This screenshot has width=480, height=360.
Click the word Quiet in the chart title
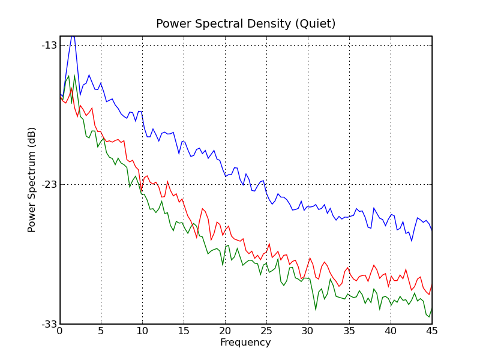click(316, 24)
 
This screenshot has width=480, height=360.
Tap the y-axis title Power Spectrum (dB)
click(32, 179)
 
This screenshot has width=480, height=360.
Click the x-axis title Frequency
click(245, 343)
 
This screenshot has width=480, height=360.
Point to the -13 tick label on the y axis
click(49, 45)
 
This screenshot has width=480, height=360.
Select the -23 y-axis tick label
click(49, 185)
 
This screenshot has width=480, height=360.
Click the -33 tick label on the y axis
click(49, 325)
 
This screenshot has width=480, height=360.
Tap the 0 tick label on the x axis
click(59, 331)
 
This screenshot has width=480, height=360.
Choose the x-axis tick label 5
click(101, 331)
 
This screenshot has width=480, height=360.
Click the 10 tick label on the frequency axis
click(142, 331)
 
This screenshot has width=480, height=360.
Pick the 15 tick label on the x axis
click(184, 331)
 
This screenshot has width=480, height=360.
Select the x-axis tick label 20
click(225, 331)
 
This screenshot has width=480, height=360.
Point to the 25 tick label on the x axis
click(266, 331)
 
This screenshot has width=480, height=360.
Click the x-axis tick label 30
click(308, 331)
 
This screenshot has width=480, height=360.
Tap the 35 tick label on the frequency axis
click(349, 331)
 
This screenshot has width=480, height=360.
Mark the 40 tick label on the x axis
click(391, 331)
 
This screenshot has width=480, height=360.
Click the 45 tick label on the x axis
click(431, 331)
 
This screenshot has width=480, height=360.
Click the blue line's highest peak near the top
click(73, 36)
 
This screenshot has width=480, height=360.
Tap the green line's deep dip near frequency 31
click(316, 310)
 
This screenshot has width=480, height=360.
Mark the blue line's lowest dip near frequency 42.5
click(412, 241)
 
